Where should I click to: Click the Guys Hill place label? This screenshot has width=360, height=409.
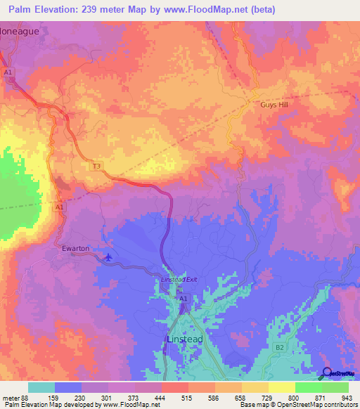click(271, 104)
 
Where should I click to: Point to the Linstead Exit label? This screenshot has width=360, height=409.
click(180, 280)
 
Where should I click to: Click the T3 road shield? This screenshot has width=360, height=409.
click(97, 166)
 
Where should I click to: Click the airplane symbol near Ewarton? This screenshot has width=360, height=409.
click(108, 257)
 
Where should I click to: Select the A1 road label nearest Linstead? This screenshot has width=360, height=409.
click(183, 299)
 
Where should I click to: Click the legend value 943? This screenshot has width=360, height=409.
click(347, 398)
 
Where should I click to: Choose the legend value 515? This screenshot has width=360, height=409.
click(187, 398)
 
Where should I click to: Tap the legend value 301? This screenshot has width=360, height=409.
click(107, 398)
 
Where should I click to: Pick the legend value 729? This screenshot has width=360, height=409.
click(267, 398)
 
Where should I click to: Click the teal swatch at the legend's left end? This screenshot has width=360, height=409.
click(41, 387)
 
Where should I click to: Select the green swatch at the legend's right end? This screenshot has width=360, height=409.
click(335, 387)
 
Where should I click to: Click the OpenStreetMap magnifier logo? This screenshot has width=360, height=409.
click(327, 373)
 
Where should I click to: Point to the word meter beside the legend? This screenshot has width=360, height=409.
click(10, 398)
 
